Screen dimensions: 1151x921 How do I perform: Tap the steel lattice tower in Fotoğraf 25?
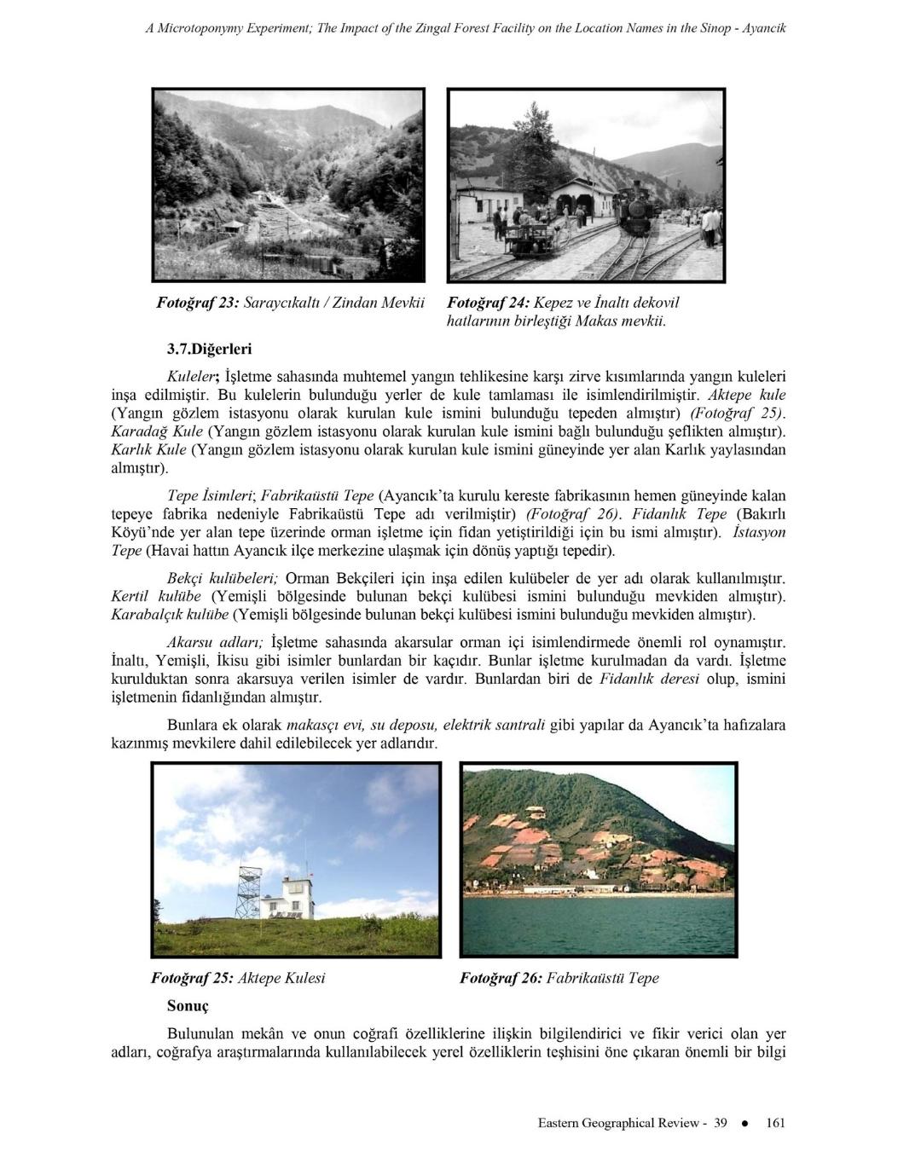(x=248, y=891)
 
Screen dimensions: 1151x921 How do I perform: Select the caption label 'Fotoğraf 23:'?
(x=197, y=303)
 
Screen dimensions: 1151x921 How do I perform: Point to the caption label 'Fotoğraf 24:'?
(x=488, y=303)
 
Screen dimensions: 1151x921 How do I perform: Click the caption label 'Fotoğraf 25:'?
(x=191, y=978)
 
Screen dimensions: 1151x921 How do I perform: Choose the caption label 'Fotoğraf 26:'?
(x=500, y=978)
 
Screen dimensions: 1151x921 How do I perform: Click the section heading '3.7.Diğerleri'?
(x=210, y=349)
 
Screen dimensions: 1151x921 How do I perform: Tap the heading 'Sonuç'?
(x=188, y=1006)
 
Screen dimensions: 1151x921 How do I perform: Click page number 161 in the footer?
(x=775, y=1123)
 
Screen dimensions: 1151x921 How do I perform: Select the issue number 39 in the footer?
(x=720, y=1123)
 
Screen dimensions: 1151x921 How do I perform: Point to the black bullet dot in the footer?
(x=745, y=1123)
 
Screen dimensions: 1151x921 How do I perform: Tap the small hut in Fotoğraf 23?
(x=230, y=226)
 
